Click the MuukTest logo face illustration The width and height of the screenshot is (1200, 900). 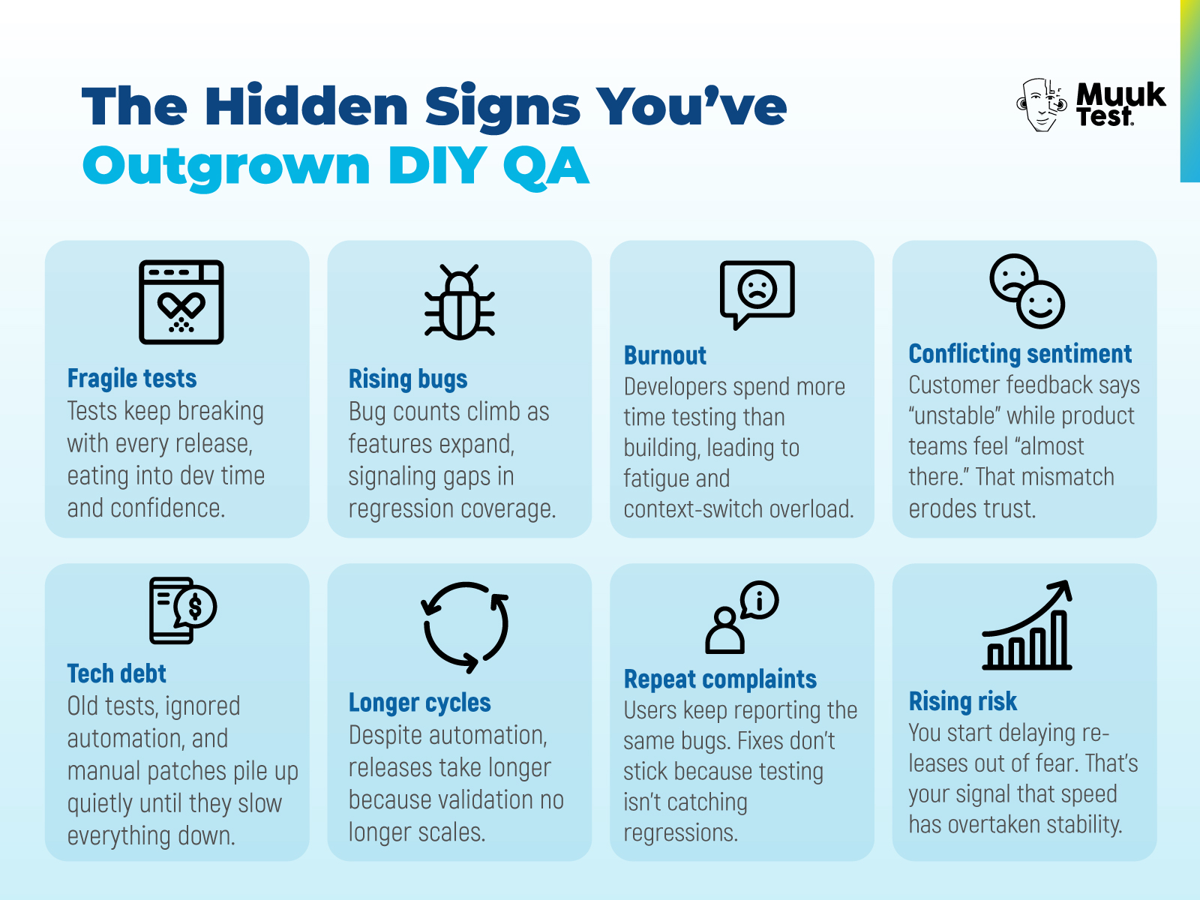coord(1041,104)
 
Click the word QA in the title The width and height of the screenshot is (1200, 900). coord(545,166)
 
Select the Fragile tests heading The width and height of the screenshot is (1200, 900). coord(132,379)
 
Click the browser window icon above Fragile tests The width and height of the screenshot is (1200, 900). coord(181,302)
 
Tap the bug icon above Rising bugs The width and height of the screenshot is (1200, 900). coord(459,302)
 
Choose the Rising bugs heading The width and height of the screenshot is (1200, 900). coord(408,379)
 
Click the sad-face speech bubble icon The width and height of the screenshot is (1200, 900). coord(757,293)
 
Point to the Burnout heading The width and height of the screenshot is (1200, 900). coord(665,355)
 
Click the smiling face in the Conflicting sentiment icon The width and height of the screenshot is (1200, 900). coord(1040,304)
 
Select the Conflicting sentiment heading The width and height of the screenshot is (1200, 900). coord(1020,354)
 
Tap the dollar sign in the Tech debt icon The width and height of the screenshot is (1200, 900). coord(196,606)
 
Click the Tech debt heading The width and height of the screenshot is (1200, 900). coord(117,674)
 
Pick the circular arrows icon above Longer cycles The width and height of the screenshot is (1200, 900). coord(466,627)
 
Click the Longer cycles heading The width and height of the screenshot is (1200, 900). coord(420,703)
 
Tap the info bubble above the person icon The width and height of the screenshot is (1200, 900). coord(760,600)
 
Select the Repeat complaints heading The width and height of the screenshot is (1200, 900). coord(720,679)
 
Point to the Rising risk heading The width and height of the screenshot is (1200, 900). coord(963,702)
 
